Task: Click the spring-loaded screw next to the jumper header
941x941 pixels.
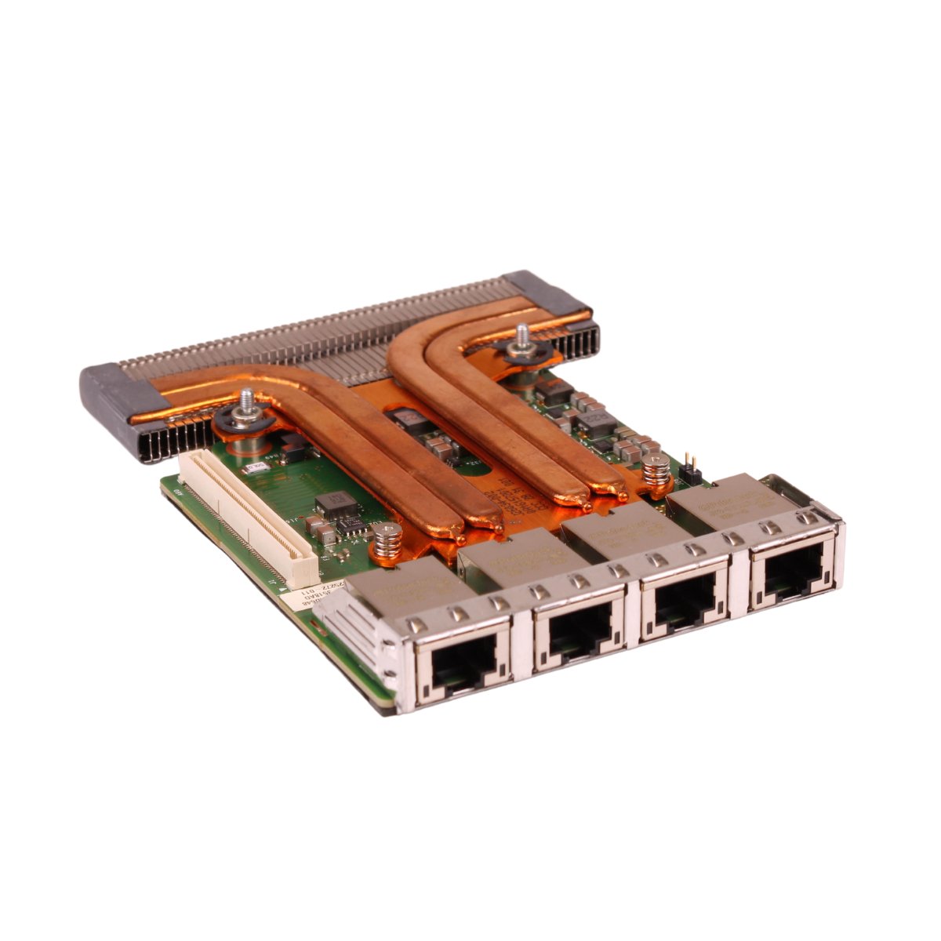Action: click(x=656, y=472)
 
